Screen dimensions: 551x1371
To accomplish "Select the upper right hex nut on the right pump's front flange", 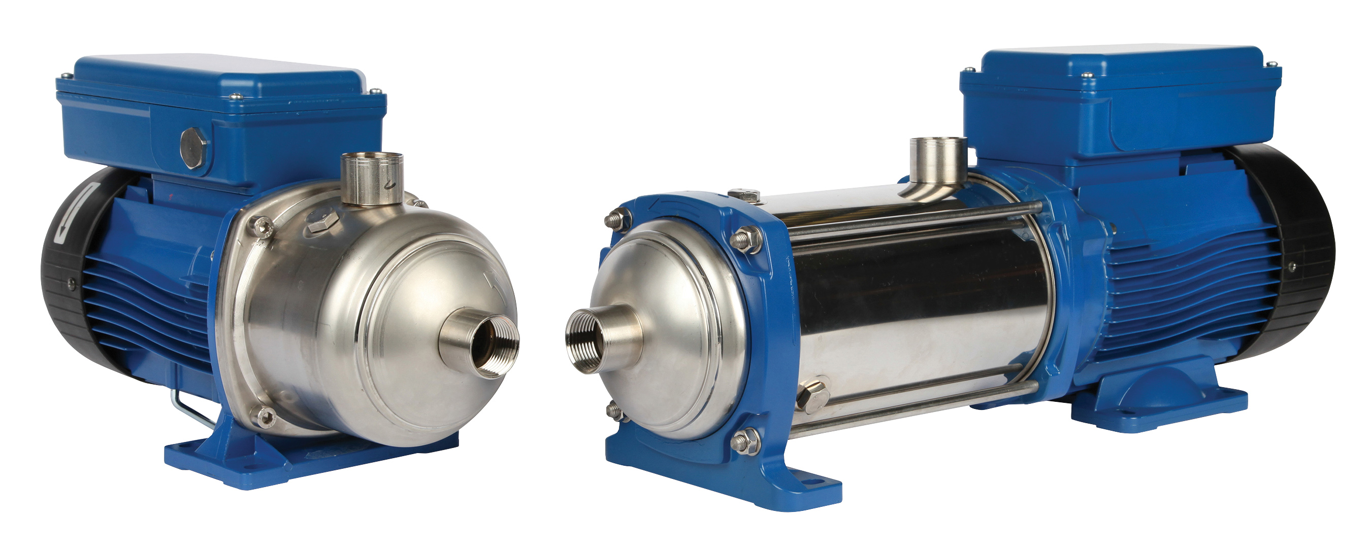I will tap(747, 239).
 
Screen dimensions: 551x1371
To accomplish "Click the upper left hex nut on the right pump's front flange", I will tap(617, 220).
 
